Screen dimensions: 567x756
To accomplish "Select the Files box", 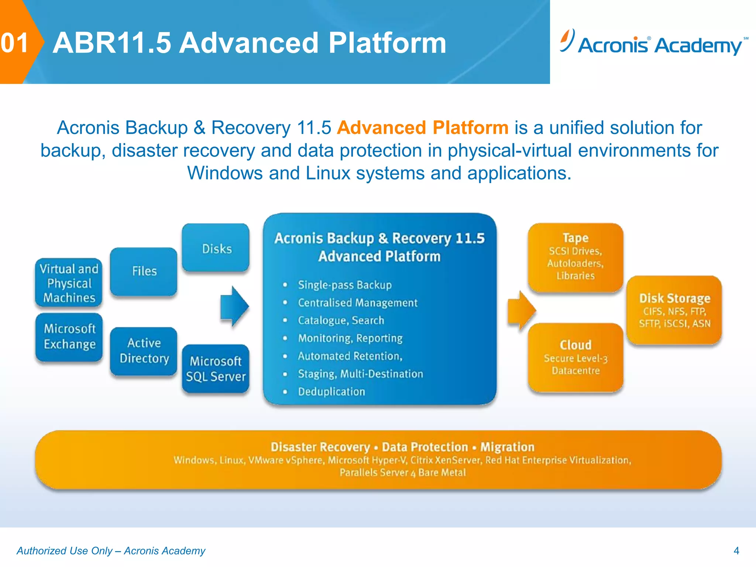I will [x=144, y=271].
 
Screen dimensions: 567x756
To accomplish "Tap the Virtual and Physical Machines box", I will [x=69, y=283].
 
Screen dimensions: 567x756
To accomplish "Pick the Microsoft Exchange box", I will [x=69, y=336].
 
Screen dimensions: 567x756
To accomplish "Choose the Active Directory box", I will [x=144, y=351].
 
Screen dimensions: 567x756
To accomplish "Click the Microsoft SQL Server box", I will [x=216, y=368].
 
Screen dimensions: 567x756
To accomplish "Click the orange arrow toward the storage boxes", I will [x=521, y=310].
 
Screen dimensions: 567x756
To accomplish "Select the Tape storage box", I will [x=575, y=257].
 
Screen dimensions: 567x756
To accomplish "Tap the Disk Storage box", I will [x=674, y=310].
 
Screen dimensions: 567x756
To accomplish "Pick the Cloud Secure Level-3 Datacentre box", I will [x=575, y=357].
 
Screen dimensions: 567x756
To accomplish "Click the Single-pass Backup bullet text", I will [x=344, y=285].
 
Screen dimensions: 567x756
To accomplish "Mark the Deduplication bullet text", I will [x=331, y=392].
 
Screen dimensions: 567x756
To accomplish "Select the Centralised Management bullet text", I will [x=357, y=303].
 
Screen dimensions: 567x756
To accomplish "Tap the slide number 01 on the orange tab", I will [x=15, y=43].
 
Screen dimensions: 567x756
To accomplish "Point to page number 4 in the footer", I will [x=736, y=551].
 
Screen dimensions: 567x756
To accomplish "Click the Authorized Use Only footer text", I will [x=111, y=551].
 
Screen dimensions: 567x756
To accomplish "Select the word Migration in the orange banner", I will [x=507, y=447].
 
